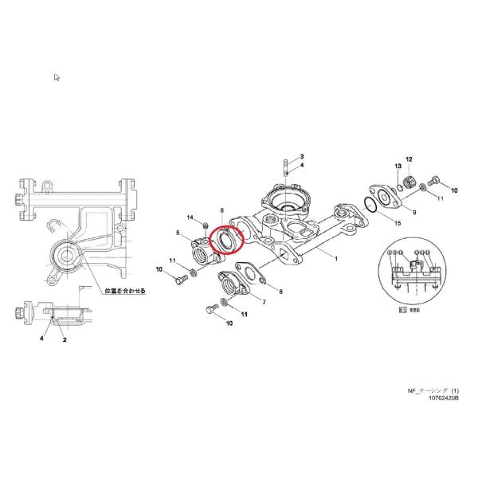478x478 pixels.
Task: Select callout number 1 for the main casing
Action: point(336,259)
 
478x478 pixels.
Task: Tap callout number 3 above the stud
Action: point(302,157)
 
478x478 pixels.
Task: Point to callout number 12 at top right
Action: point(409,159)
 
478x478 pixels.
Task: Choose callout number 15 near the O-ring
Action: point(398,224)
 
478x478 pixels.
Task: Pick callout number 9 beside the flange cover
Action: point(414,212)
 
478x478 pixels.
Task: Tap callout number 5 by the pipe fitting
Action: point(178,233)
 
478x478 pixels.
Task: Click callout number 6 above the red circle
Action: point(221,210)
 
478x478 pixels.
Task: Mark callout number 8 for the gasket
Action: point(268,292)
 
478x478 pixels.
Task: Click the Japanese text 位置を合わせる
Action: point(120,291)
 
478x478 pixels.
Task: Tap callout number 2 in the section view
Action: point(65,339)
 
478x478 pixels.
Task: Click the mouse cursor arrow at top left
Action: point(57,77)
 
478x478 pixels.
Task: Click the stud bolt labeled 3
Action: point(287,170)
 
